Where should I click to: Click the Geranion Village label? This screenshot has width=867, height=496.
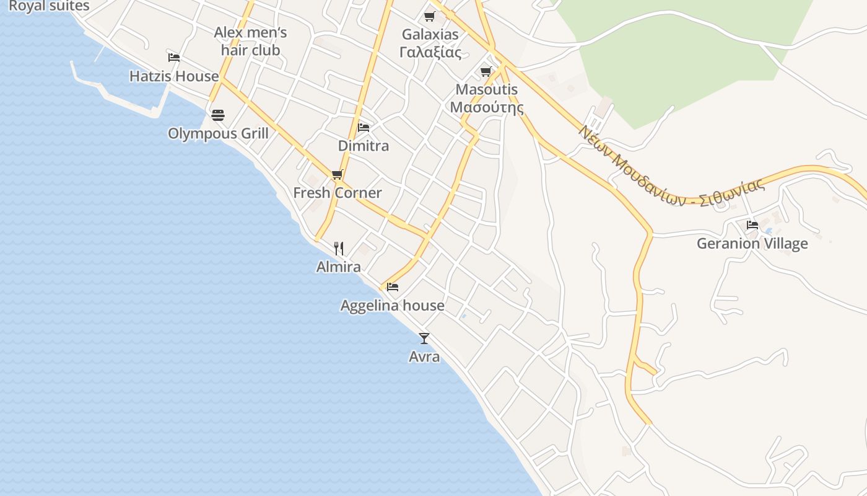pos(752,243)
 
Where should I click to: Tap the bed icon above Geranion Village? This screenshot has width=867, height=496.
pos(752,224)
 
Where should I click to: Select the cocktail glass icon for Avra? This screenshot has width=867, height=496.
pos(424,339)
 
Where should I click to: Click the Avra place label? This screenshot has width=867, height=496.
pos(424,356)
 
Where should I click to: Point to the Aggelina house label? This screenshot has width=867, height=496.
pos(392,305)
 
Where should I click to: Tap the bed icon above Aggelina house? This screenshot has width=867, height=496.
pos(393,287)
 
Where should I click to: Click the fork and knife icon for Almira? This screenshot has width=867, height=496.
pos(339,249)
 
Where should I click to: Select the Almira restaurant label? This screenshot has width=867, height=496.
pos(338,267)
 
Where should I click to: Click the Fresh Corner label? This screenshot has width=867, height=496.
pos(337,193)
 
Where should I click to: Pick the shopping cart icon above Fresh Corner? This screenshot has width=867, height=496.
pos(337,174)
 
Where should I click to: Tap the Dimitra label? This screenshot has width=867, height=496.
pos(364,146)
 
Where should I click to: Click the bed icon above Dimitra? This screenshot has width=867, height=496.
pos(364,128)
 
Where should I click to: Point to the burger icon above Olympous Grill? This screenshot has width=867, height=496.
pos(218,115)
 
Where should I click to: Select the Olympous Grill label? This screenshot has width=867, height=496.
pos(218,133)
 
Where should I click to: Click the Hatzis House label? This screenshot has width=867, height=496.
pos(174,76)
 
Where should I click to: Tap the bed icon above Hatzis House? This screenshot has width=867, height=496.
pos(174,58)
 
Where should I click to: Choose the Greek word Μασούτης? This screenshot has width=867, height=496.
pos(486,108)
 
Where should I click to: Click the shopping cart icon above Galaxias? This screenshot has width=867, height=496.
pos(430,16)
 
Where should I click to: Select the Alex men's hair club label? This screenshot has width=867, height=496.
pos(250,41)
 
